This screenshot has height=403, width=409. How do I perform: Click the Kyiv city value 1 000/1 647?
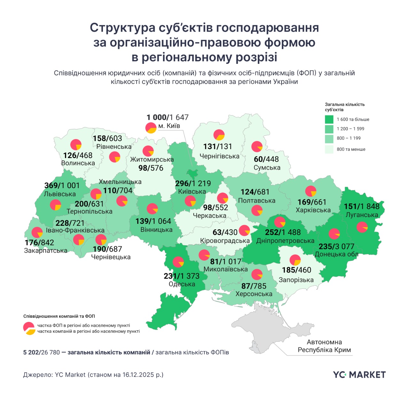click(167, 117)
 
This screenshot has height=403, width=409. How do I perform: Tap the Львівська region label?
click(60, 194)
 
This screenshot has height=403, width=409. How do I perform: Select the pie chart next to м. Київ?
click(151, 128)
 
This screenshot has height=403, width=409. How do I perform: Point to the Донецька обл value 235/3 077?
click(336, 247)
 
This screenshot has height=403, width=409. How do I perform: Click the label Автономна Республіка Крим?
click(324, 346)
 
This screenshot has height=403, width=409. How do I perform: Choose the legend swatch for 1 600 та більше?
click(329, 119)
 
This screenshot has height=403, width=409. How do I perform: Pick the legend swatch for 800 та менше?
click(329, 149)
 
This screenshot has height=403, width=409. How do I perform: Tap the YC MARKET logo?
click(359, 375)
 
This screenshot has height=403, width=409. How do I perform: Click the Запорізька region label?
click(296, 280)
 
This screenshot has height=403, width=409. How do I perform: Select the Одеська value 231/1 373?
click(181, 276)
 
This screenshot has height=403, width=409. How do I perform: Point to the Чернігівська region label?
click(219, 156)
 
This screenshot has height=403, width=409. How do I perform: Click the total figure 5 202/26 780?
click(42, 353)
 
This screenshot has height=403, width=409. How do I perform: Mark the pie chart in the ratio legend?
click(29, 328)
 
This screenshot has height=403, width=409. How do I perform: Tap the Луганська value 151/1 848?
click(362, 206)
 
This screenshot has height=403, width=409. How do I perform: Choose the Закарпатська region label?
click(46, 251)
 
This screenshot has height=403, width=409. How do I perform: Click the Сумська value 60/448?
click(266, 159)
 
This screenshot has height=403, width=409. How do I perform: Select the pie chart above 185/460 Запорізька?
click(295, 260)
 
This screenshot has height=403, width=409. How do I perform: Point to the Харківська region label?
click(313, 210)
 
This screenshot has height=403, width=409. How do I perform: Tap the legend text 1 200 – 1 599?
click(351, 129)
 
